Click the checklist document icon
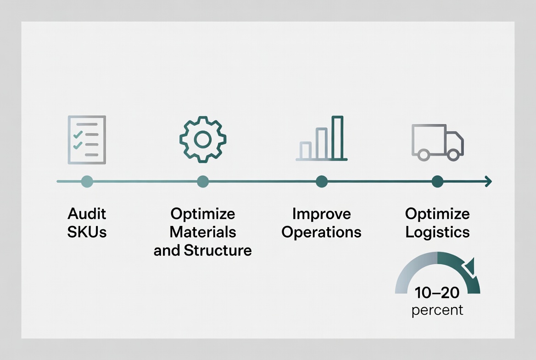87,140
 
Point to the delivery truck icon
437,141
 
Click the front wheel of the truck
453,155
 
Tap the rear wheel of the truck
423,155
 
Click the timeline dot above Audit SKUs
87,181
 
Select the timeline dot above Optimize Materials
202,181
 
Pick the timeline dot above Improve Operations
322,181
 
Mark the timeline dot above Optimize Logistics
437,181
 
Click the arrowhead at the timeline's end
488,181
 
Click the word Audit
87,214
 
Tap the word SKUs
87,232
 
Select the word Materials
202,232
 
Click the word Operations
321,232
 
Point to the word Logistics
437,232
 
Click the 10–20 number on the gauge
437,292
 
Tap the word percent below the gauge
437,310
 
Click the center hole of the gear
202,139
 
